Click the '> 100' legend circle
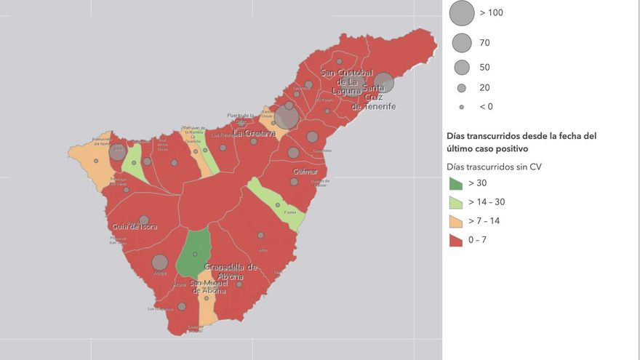click(461, 13)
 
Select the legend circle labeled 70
click(461, 43)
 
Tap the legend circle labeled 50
click(461, 68)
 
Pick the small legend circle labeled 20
click(461, 88)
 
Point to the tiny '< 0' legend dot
click(461, 107)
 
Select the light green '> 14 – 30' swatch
click(455, 203)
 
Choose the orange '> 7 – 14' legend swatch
click(455, 221)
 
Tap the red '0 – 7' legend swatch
click(455, 239)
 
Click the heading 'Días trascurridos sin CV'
click(494, 167)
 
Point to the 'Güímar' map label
click(305, 172)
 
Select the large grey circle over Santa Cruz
click(383, 82)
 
